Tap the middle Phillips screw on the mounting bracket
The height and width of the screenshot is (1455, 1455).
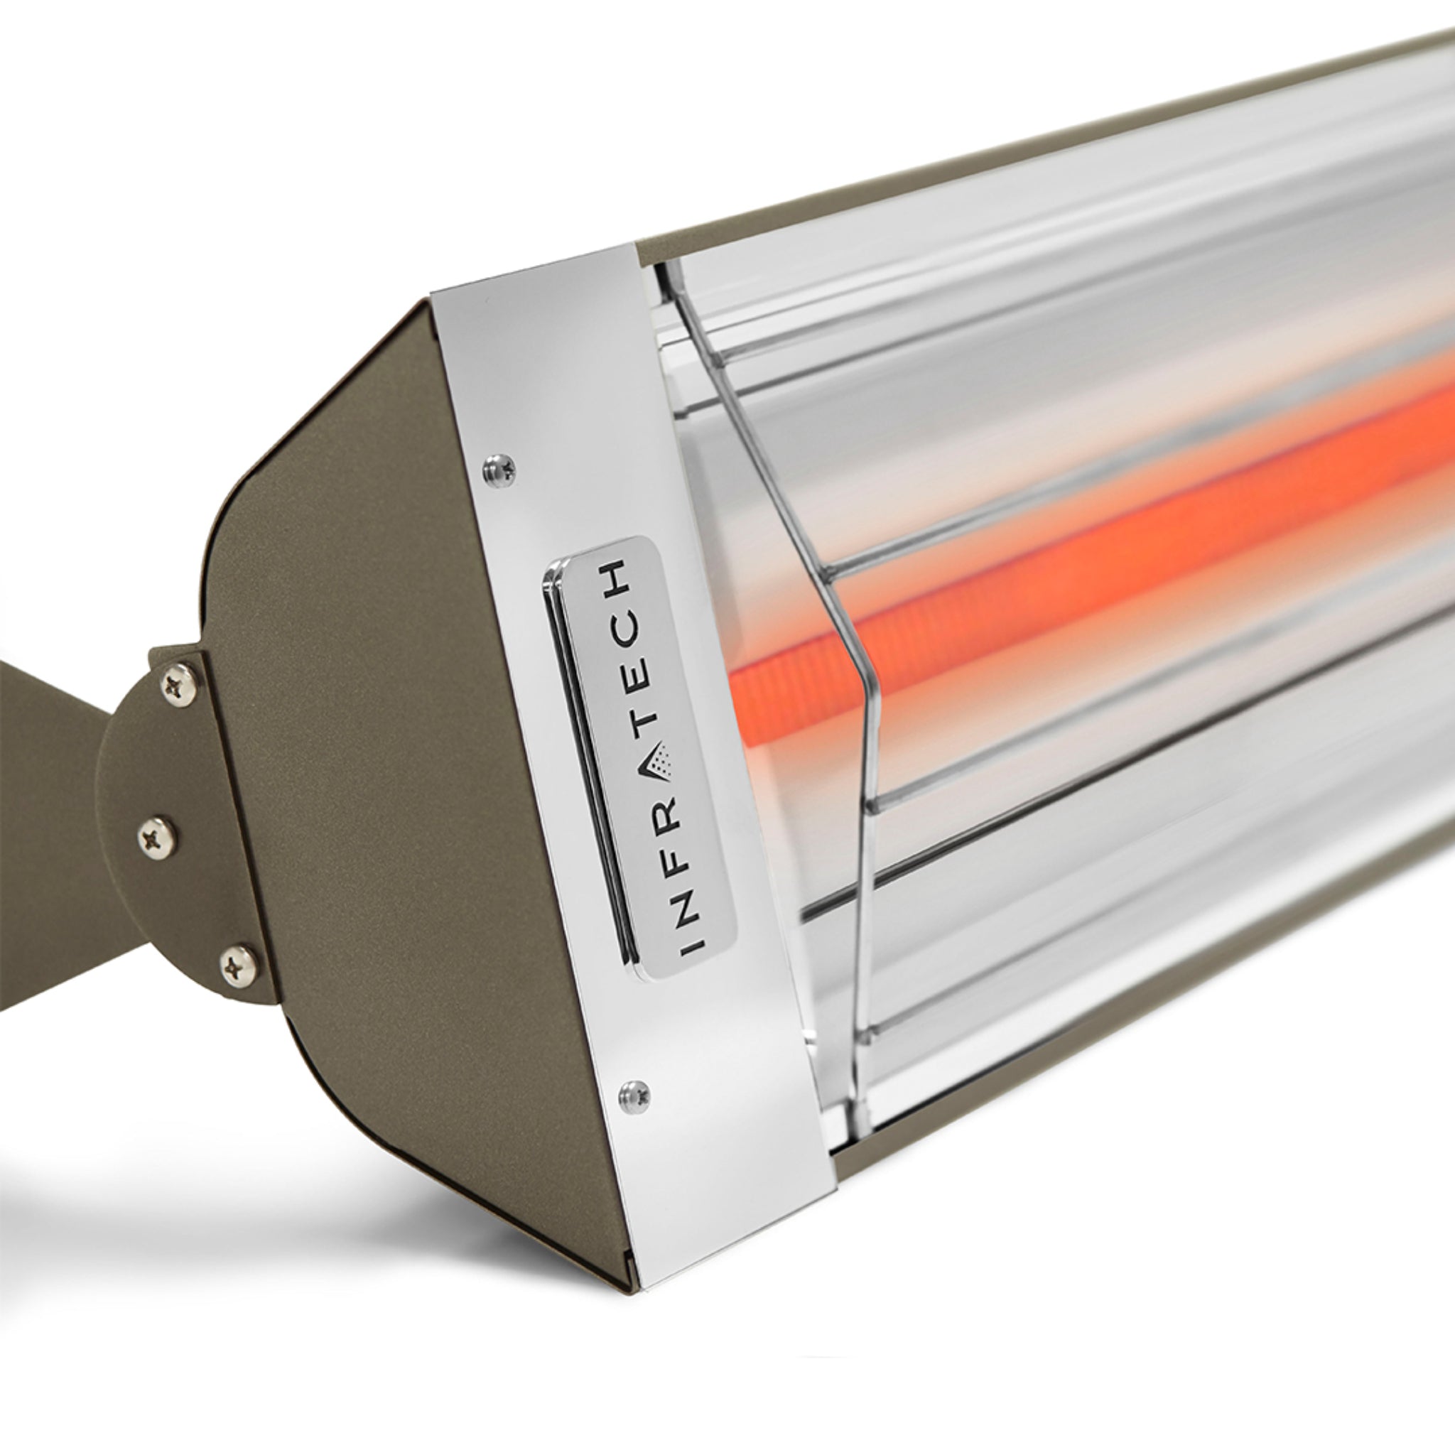click(158, 835)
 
